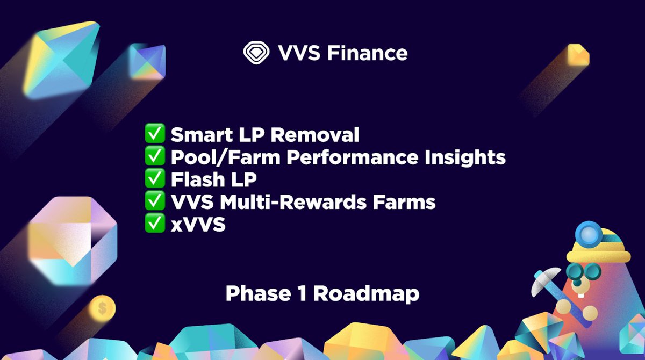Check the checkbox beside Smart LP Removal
coord(155,134)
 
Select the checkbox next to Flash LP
coord(155,179)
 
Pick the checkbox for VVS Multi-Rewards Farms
coord(155,202)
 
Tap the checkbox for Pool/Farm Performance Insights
coord(155,157)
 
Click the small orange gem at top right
coord(577,54)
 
